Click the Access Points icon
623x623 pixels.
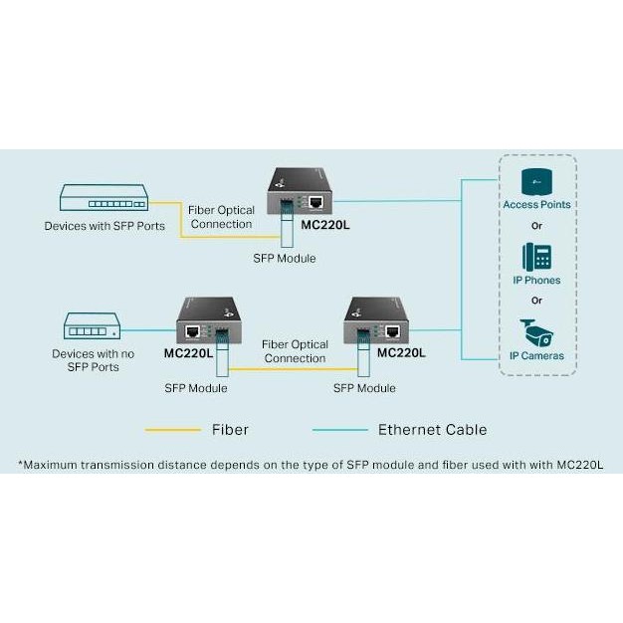pyautogui.click(x=536, y=182)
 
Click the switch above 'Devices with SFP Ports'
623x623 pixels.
pyautogui.click(x=103, y=199)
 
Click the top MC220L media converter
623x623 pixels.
pyautogui.click(x=305, y=194)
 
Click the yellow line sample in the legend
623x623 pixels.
pyautogui.click(x=173, y=430)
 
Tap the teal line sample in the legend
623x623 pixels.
pyautogui.click(x=340, y=430)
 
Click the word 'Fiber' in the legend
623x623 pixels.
pyautogui.click(x=230, y=430)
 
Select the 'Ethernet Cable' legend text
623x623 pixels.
pyautogui.click(x=432, y=430)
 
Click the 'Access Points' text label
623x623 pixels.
pyautogui.click(x=536, y=205)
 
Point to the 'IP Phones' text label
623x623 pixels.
pyautogui.click(x=536, y=281)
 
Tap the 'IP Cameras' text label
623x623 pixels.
pyautogui.click(x=536, y=355)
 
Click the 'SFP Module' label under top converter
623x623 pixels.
pyautogui.click(x=285, y=258)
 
